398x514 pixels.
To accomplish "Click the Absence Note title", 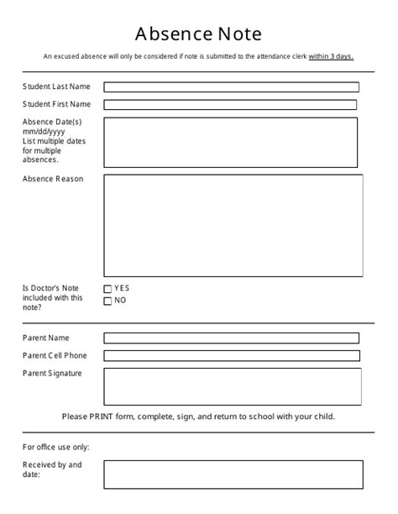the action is (x=199, y=34).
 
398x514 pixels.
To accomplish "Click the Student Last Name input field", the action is (x=231, y=87).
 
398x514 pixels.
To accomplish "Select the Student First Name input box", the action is (x=230, y=105).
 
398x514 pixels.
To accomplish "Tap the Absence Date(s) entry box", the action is (x=230, y=142).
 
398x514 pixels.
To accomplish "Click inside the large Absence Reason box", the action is (x=233, y=224).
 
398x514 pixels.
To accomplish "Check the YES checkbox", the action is (x=107, y=290).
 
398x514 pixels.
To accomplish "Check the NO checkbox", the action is (x=107, y=302).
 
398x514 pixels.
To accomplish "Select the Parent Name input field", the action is (x=231, y=338).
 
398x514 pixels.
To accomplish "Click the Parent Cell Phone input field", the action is (x=231, y=356).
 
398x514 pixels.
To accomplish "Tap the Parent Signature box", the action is (x=233, y=386).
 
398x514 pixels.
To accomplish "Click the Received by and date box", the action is (x=233, y=475).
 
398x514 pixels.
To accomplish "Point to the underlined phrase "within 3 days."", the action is (x=331, y=57).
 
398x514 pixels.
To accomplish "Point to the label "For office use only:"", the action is (x=56, y=448).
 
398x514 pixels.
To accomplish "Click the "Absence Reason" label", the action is (x=53, y=179).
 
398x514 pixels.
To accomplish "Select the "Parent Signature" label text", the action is (x=53, y=374).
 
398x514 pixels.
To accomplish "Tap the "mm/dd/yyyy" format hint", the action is (x=44, y=132).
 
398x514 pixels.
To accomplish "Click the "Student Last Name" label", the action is (x=56, y=87).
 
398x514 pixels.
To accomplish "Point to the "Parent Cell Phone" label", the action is (x=55, y=356).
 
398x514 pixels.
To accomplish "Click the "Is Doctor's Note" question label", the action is (x=52, y=288).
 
